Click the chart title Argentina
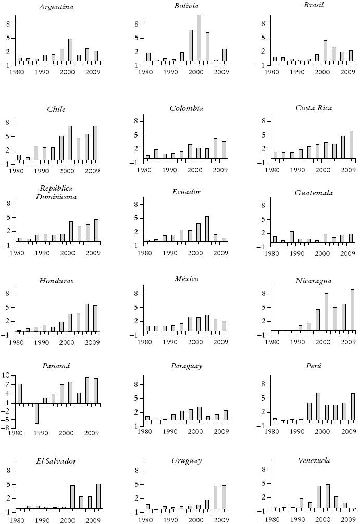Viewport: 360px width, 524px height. (x=56, y=7)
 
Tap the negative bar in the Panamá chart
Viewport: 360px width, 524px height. (x=37, y=413)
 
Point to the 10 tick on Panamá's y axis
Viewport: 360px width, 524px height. (x=6, y=375)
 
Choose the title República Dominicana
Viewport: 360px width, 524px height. (x=56, y=192)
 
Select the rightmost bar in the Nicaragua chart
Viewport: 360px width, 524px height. (x=352, y=310)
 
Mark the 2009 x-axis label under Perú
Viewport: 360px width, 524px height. (x=349, y=433)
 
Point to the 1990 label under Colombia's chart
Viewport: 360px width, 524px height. (x=170, y=170)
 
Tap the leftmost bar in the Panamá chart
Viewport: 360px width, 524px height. (x=20, y=393)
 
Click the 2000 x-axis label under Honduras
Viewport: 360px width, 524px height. (x=66, y=342)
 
